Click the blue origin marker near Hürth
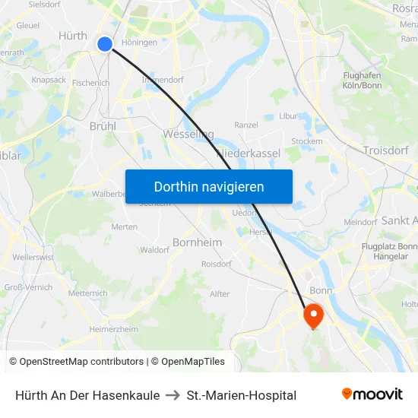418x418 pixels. pos(105,44)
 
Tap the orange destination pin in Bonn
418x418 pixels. pos(313,315)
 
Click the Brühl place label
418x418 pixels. pos(103,126)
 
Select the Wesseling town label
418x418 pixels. pos(188,134)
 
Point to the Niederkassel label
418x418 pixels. pos(249,153)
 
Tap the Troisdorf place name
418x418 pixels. pos(387,150)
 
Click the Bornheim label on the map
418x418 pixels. pos(198,242)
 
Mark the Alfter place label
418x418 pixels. pos(220,293)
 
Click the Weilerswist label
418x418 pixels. pos(33,258)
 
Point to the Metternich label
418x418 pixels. pos(88,293)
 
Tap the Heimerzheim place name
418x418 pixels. pos(114,329)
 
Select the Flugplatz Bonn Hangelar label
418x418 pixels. pos(389,252)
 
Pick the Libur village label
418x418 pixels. pos(288,116)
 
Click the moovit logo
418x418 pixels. pos(372,394)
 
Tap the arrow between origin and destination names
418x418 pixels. pos(173,395)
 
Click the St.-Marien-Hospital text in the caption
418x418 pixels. pos(241,395)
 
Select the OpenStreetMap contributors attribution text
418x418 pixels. pos(81,362)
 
